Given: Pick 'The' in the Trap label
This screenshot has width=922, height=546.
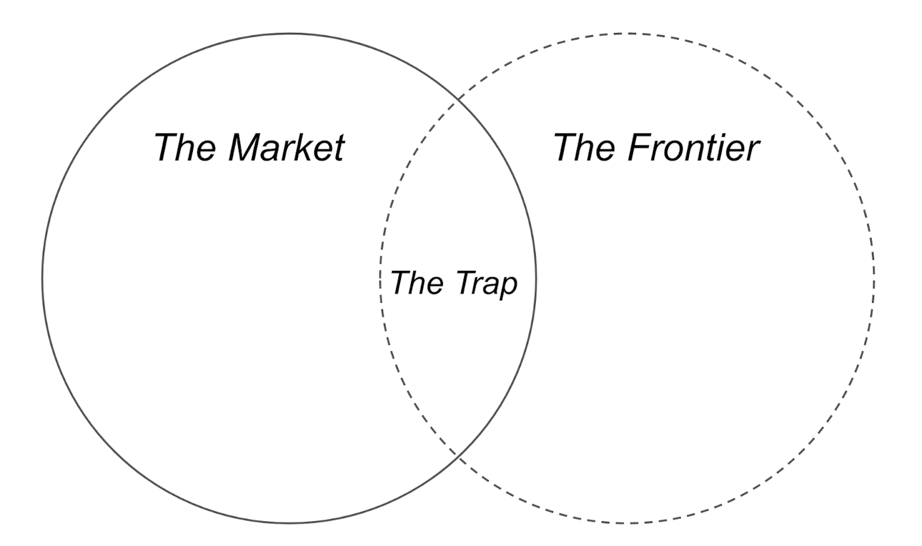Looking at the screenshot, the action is [417, 282].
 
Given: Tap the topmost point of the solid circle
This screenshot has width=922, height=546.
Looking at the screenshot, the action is [289, 34].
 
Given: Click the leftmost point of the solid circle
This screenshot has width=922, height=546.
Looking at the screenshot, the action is [42, 278].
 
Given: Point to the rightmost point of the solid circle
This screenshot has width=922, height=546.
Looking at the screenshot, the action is [536, 278].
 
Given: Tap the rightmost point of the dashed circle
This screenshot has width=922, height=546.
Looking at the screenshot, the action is [874, 278].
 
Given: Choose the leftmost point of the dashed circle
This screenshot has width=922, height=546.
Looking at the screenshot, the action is [380, 278].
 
